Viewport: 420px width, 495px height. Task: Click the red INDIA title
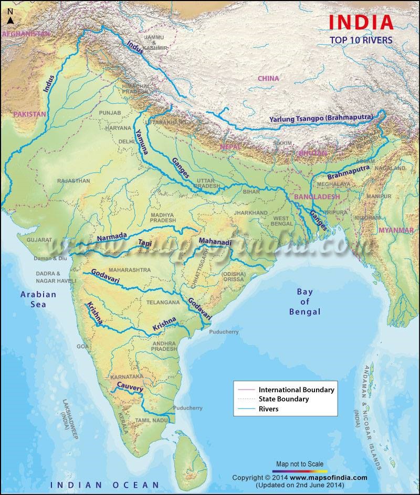361,22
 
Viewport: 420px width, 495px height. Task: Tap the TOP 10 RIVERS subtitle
361,39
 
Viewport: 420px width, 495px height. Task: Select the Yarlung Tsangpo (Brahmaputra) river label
321,119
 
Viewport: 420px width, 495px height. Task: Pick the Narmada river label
112,238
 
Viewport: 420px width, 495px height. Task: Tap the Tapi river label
144,242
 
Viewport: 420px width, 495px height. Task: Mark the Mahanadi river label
215,242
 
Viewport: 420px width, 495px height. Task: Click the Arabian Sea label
38,299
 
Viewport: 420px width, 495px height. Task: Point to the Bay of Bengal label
304,302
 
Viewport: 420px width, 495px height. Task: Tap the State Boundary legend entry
283,399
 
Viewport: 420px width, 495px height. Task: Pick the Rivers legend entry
268,408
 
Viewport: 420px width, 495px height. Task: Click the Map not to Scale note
301,464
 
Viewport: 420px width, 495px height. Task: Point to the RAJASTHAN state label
73,180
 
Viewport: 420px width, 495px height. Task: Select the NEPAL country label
230,147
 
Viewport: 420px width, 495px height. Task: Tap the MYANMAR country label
396,230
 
